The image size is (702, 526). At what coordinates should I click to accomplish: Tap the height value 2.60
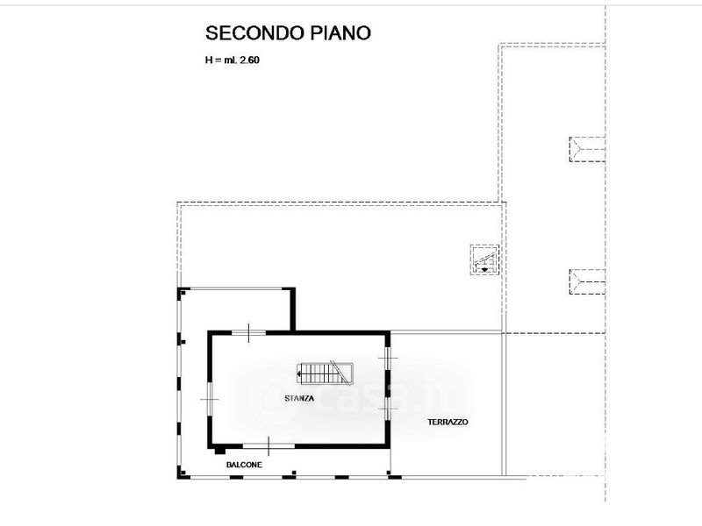250,60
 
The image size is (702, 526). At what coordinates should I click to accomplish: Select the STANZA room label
299,398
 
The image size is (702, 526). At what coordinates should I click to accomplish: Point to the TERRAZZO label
448,422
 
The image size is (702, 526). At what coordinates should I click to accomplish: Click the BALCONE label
244,465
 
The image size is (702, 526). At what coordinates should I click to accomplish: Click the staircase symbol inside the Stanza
325,373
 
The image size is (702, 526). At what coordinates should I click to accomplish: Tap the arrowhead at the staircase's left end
298,373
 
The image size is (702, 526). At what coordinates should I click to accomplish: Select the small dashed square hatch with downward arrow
484,259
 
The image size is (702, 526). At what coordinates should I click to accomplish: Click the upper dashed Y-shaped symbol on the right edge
587,149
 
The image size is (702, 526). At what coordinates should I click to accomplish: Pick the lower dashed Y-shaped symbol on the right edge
587,281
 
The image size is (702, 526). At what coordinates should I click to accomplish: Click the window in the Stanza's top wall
249,333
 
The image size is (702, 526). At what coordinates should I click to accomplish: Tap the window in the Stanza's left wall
209,399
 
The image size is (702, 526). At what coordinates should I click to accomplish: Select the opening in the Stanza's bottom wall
269,446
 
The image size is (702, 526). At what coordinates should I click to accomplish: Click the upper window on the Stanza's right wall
388,358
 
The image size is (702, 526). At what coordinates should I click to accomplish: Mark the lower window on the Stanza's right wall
388,409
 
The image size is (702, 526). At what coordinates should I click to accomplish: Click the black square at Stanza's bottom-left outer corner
219,451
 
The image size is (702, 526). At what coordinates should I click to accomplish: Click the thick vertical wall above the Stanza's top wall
293,309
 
